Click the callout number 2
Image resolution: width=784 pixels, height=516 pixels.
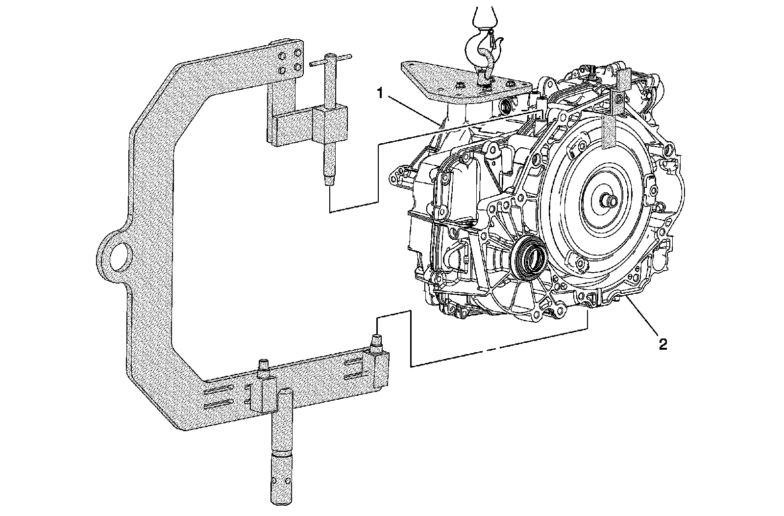(662, 344)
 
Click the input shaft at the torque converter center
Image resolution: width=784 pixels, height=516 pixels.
(609, 202)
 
